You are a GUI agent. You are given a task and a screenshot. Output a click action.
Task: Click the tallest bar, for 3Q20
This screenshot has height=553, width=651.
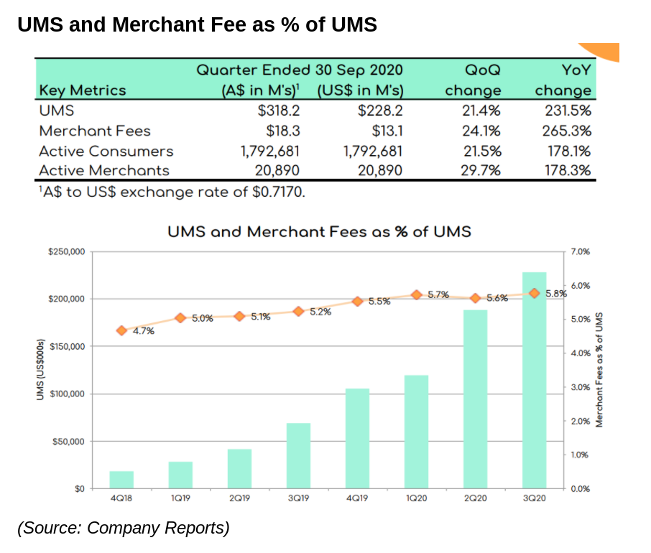point(534,381)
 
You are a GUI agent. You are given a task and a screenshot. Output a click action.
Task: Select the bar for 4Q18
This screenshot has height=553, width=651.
point(121,480)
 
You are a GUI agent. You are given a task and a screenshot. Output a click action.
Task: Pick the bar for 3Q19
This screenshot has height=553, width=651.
point(298,456)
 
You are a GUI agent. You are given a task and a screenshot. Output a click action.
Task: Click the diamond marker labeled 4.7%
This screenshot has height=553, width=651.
point(121,331)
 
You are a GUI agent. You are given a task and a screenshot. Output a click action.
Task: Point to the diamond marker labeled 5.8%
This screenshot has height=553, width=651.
point(534,294)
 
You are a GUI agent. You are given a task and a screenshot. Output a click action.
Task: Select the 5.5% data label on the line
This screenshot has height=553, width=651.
point(379,302)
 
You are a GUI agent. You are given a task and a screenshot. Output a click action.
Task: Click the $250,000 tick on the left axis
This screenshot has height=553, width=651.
point(66,252)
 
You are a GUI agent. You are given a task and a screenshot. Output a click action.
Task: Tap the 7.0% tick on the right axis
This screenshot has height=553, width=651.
point(579,252)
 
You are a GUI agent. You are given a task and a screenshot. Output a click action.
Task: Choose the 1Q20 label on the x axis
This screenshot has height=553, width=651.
point(416,499)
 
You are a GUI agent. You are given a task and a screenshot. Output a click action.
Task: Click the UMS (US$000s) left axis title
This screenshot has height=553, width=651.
point(42,369)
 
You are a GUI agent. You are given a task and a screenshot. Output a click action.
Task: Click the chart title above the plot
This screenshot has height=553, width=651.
point(319,232)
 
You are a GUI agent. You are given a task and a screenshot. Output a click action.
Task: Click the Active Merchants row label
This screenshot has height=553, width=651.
point(104,171)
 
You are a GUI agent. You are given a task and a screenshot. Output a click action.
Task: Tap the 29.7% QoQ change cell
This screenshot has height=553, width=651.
point(479,171)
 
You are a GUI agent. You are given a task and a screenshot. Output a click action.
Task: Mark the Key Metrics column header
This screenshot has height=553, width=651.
point(82,90)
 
